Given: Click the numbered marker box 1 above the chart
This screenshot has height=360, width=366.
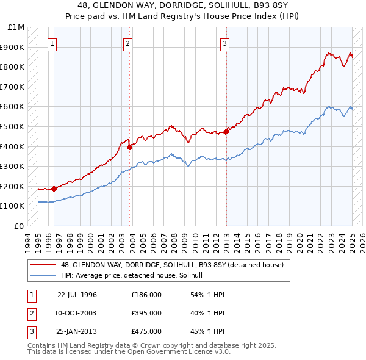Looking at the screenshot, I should coord(52,43).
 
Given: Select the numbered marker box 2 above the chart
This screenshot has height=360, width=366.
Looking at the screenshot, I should coord(127,43).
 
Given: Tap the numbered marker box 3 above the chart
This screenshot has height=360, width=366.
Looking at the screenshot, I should coord(224,43).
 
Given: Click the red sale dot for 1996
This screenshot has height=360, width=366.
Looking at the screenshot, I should coord(54,189).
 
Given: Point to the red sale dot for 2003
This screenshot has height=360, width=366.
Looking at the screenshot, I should coord(130,147).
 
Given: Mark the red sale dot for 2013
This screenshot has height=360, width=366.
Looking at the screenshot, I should coord(226,131).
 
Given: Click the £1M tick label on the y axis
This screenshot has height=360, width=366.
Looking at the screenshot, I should coord(16,27).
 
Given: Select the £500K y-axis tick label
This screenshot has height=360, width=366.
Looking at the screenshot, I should coord(13,126).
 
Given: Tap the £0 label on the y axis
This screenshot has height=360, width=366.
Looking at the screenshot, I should coord(20,226).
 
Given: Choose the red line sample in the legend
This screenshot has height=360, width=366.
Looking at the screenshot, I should coord(43,265).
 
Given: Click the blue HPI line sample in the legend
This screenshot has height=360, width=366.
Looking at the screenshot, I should coord(43,276).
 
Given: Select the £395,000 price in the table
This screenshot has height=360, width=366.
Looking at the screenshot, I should coord(146,313).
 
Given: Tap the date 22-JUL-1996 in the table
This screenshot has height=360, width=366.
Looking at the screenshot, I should coord(77,295).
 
